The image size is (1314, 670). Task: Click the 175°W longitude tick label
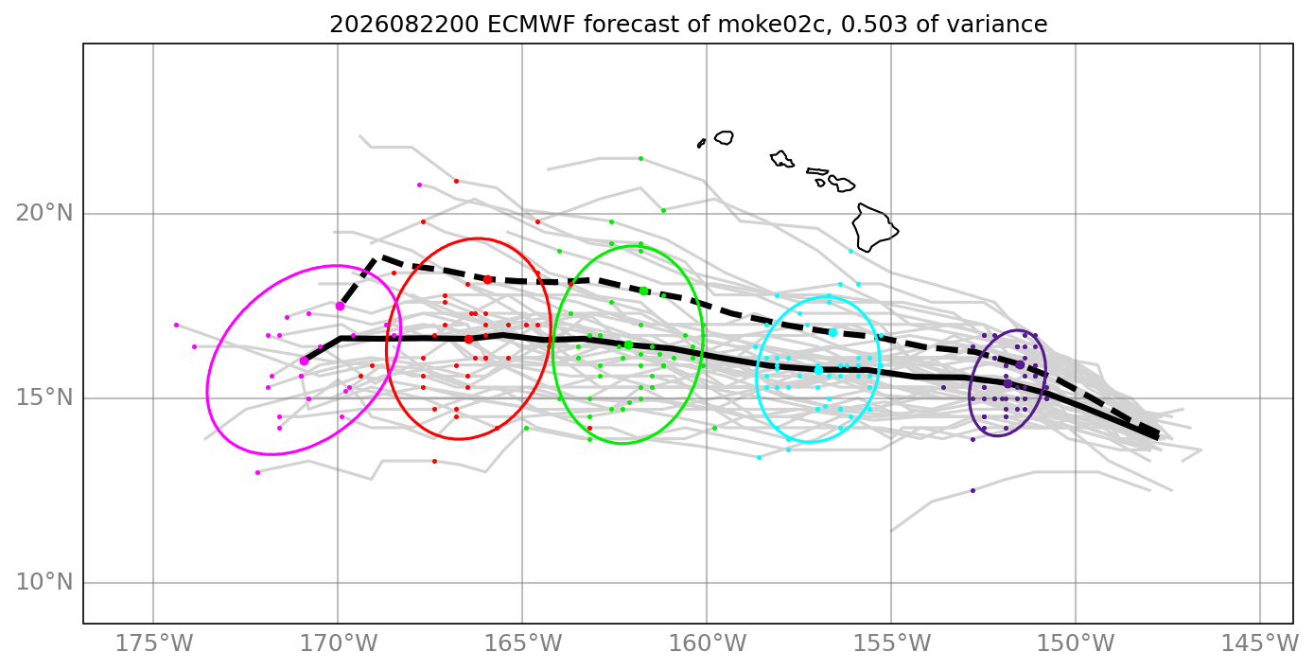153,644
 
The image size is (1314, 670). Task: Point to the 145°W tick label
1260,644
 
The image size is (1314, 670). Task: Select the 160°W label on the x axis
707,644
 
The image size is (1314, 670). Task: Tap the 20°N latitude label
44,213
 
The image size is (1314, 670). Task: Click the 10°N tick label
44,582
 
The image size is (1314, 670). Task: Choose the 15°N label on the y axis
44,397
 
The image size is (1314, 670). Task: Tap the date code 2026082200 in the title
404,25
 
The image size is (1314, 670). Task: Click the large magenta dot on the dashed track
341,307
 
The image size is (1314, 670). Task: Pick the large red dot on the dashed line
487,280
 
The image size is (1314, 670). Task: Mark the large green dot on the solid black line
628,345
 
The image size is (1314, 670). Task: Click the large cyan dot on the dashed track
833,333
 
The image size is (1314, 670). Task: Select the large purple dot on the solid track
1007,383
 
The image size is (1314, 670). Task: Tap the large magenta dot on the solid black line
304,361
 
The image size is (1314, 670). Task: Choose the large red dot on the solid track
468,339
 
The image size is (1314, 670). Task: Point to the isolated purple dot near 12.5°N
972,490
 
